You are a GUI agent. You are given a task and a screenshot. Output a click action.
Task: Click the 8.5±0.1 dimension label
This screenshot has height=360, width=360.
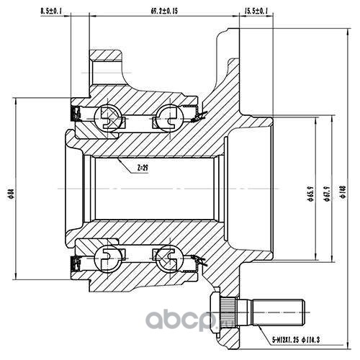point(51,11)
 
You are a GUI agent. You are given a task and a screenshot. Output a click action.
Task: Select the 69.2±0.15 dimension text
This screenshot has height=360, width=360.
point(164,11)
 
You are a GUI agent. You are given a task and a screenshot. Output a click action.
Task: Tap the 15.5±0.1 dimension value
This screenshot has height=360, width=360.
point(256,11)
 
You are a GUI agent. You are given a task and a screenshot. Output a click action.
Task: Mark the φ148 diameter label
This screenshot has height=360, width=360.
point(343,192)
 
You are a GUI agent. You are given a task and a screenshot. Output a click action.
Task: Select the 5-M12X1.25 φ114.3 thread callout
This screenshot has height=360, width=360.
point(296,340)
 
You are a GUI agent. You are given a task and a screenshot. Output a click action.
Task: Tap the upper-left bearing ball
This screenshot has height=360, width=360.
point(107,117)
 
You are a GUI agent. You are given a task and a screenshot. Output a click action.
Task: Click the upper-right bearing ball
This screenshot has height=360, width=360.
point(167,117)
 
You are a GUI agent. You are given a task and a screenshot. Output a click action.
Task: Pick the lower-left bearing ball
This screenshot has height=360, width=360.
point(107,257)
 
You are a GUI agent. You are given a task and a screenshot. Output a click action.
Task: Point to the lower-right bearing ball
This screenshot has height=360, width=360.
point(167,257)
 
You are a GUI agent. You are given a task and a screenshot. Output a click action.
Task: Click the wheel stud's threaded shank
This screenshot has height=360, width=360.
point(278,312)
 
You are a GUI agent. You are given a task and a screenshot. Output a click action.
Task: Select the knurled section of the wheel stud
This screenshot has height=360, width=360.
point(228,312)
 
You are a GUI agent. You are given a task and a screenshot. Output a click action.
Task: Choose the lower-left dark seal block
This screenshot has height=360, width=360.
point(75,264)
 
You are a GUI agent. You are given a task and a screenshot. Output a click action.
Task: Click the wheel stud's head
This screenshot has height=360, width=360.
point(215,312)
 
